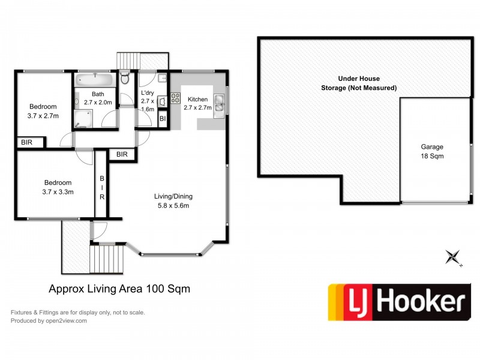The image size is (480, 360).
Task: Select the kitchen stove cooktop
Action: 176,97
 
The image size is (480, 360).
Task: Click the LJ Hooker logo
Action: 398,302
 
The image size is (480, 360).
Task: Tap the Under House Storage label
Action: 359,83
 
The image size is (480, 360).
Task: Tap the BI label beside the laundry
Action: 163,119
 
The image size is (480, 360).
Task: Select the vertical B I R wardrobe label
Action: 102,187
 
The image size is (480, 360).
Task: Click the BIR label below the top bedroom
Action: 27,143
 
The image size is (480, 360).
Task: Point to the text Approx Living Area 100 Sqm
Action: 119,289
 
